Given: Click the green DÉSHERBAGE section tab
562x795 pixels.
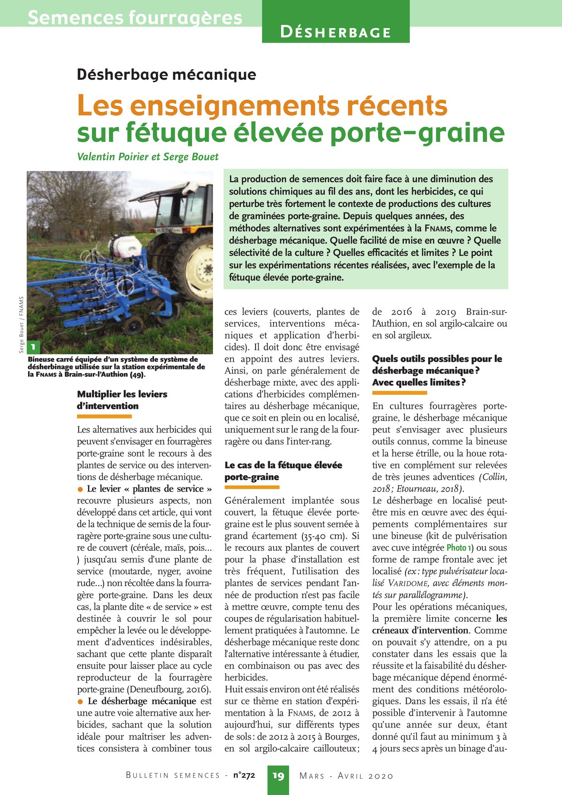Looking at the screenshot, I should pyautogui.click(x=335, y=32).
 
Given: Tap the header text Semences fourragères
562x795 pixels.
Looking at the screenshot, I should pyautogui.click(x=135, y=17).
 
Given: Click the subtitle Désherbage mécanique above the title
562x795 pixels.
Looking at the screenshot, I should pyautogui.click(x=166, y=74).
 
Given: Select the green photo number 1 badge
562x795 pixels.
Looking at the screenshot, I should pyautogui.click(x=34, y=348).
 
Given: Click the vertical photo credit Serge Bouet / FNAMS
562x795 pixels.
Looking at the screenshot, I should pyautogui.click(x=21, y=325).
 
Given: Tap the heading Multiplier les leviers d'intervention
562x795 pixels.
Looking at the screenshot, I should pyautogui.click(x=122, y=400).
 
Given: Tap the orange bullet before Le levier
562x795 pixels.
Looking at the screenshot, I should pyautogui.click(x=80, y=489).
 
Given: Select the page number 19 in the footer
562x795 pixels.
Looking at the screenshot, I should pyautogui.click(x=278, y=776).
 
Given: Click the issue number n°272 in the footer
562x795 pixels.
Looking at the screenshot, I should pyautogui.click(x=244, y=776).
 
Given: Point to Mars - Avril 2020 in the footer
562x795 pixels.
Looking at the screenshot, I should pyautogui.click(x=346, y=776).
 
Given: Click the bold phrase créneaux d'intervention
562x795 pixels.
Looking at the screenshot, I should pyautogui.click(x=420, y=630).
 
